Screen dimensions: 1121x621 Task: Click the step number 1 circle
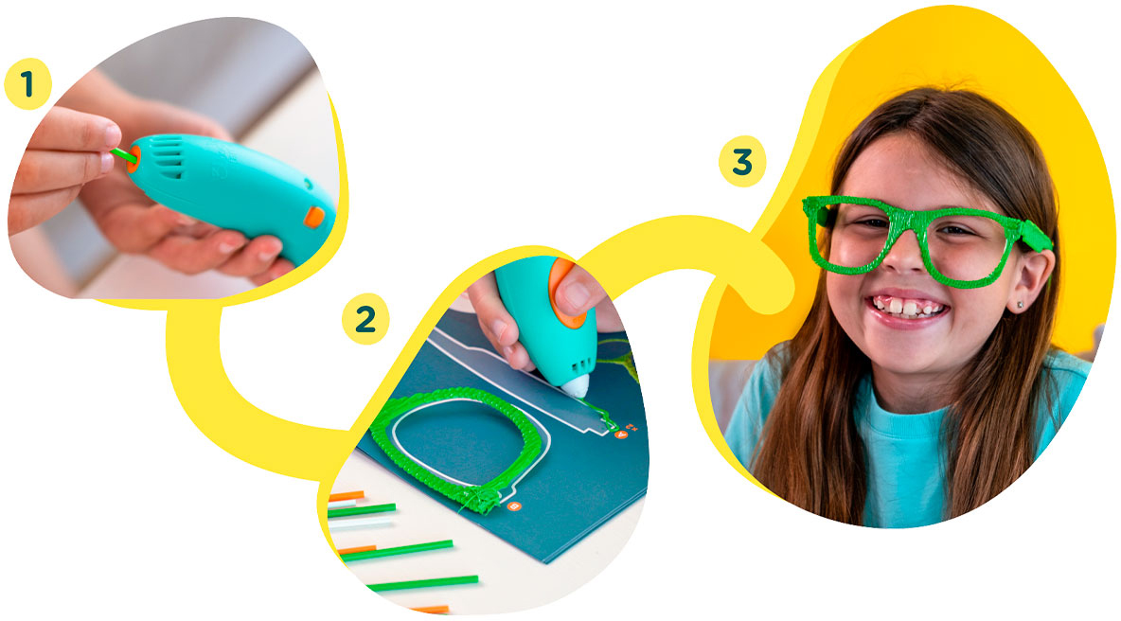coord(27,84)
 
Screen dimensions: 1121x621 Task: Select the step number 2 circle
coord(365,319)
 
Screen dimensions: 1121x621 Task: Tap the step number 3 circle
coord(742,162)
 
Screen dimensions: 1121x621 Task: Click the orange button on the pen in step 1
coord(313,217)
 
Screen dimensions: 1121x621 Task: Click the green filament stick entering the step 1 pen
coord(122,153)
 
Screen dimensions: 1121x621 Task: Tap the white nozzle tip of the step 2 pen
coord(577,386)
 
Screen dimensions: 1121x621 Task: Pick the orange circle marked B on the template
coord(513,506)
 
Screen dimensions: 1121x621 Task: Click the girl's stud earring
coord(1019,305)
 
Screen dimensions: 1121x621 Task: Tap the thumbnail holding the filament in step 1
coord(110,135)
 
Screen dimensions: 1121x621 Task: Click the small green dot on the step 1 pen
coord(308,185)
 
